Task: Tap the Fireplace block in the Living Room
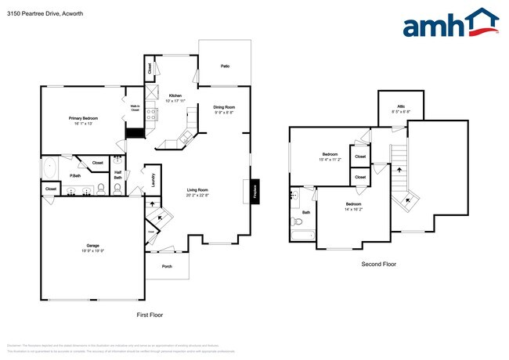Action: click(x=255, y=190)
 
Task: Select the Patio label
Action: click(x=225, y=67)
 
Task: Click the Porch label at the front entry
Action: click(x=167, y=266)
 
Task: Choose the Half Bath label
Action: click(x=117, y=175)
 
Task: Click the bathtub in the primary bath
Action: click(x=49, y=168)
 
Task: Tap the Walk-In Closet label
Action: click(x=135, y=109)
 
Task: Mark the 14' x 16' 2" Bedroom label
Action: click(x=353, y=207)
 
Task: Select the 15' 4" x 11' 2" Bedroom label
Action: click(x=330, y=157)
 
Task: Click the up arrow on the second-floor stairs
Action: click(x=398, y=168)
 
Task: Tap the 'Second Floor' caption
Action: click(x=378, y=265)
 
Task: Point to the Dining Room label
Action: click(x=225, y=110)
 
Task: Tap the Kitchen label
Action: click(x=175, y=98)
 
